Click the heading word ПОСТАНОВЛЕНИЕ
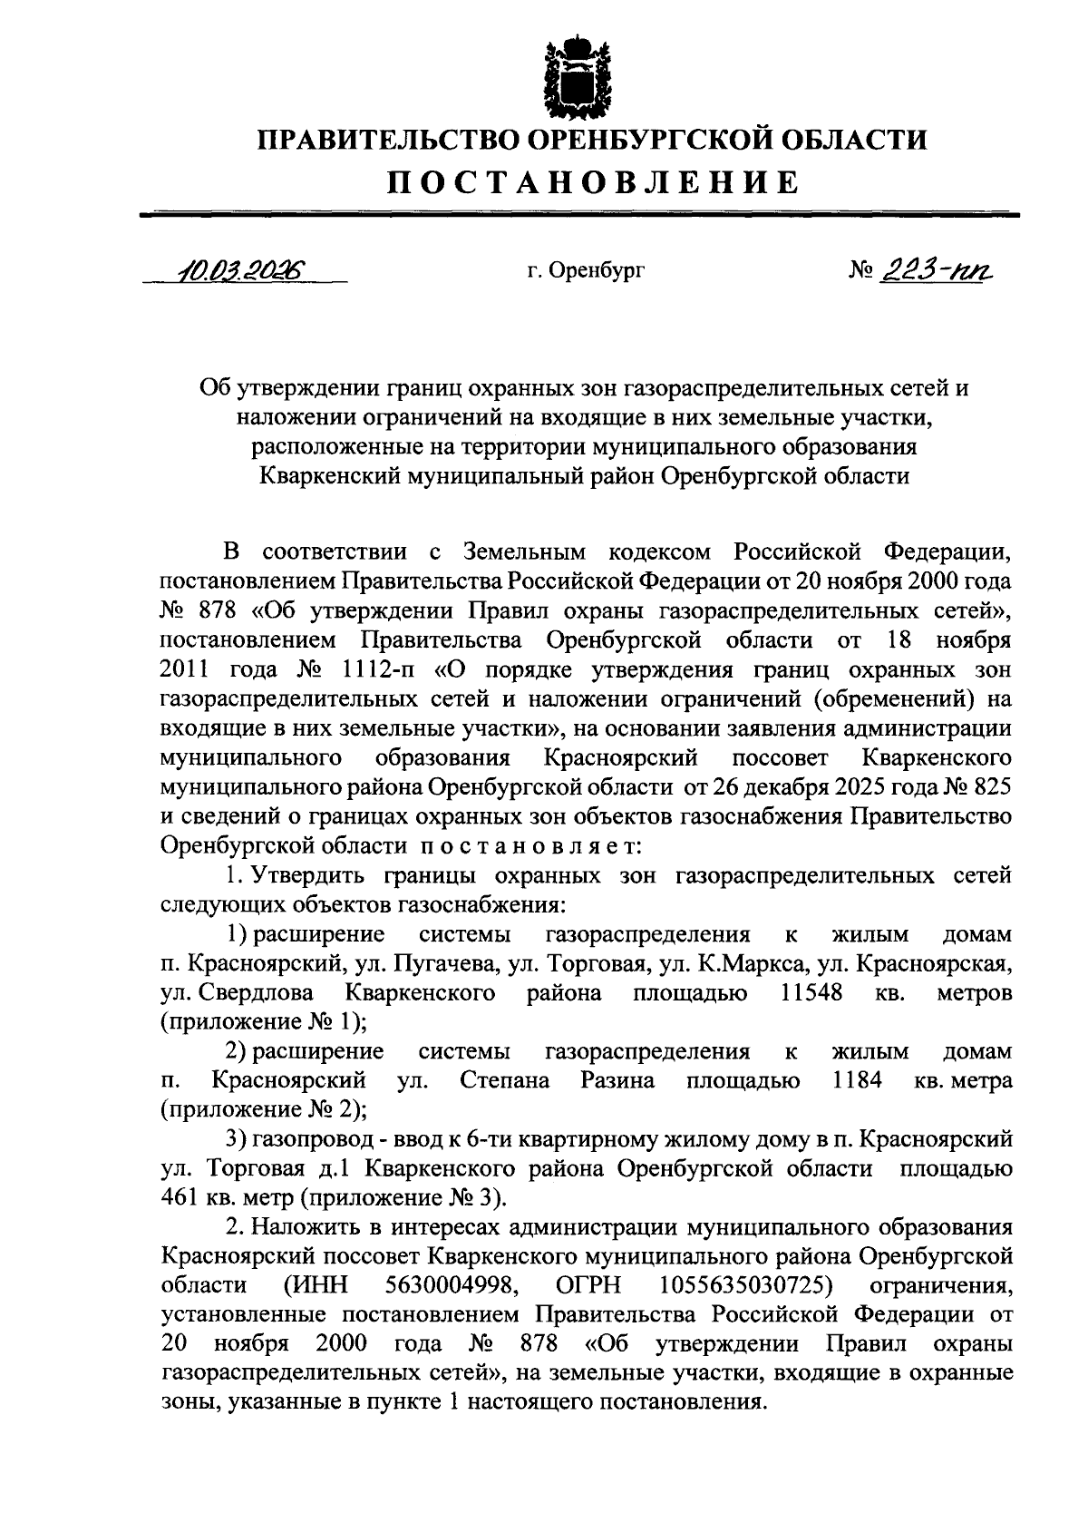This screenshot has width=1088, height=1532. point(594,183)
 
